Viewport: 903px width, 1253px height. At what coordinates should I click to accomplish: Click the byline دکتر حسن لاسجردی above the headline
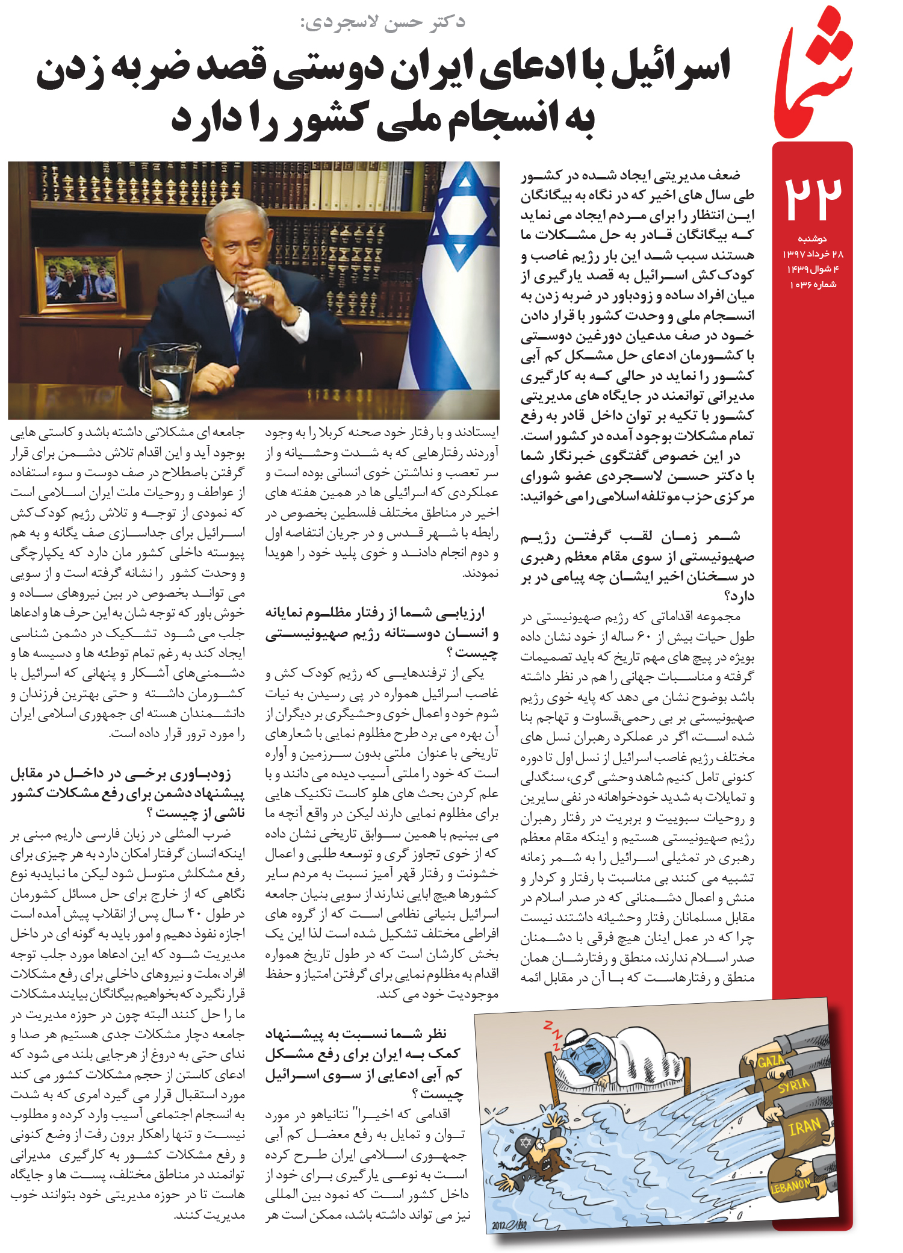[383, 22]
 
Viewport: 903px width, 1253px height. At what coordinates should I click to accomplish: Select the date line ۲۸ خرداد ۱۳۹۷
[812, 253]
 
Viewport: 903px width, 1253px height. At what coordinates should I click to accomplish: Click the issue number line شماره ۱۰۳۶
[812, 284]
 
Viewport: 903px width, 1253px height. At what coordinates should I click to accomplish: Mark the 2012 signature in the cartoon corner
[509, 1225]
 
